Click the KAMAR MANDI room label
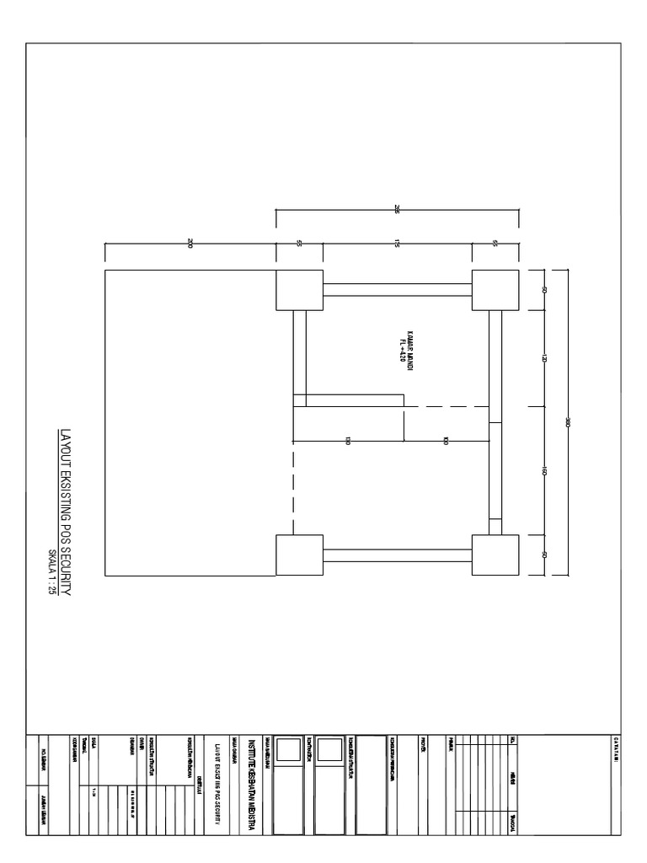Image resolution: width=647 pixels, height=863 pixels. coord(410,344)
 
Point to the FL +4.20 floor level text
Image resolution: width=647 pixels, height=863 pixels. coord(403,346)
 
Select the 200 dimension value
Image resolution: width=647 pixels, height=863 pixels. coord(190,244)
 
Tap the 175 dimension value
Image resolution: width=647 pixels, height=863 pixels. coord(397,244)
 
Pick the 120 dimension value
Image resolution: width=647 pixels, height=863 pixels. coord(544,358)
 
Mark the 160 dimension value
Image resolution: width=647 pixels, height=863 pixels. coord(544,471)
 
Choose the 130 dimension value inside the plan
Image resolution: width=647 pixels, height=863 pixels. coord(347,441)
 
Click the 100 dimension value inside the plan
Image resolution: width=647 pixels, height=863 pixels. coord(446,441)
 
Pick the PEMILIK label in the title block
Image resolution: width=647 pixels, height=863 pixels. coord(452,742)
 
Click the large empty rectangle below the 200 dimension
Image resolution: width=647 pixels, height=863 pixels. coord(190,422)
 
